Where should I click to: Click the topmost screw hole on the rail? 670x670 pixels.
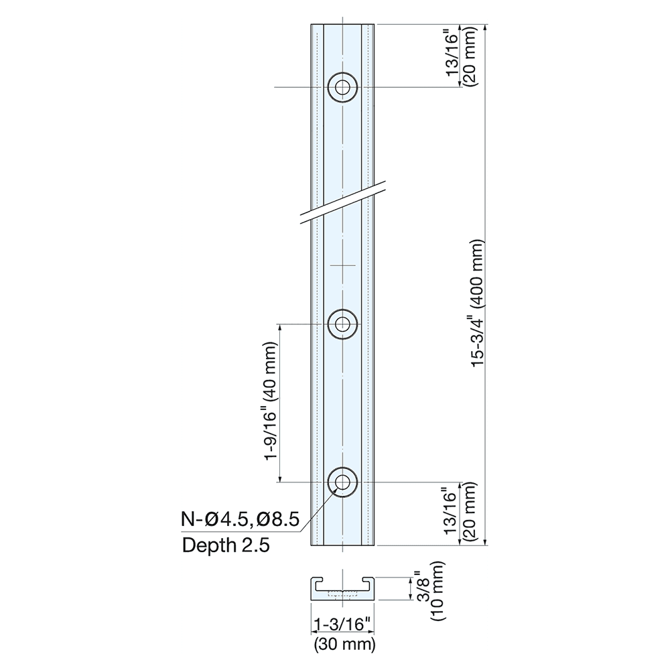(342, 87)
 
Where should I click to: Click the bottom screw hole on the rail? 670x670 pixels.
(342, 482)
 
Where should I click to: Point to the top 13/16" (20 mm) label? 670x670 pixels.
(462, 56)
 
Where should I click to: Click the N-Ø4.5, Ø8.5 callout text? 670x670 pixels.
(239, 519)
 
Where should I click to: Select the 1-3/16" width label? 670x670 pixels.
(342, 624)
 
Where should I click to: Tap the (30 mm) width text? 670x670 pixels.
(344, 645)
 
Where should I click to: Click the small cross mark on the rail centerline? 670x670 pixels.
(342, 266)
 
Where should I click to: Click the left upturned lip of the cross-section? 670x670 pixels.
(316, 581)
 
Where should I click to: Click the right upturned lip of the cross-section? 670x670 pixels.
(369, 581)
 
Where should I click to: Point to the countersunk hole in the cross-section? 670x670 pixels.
(342, 594)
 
